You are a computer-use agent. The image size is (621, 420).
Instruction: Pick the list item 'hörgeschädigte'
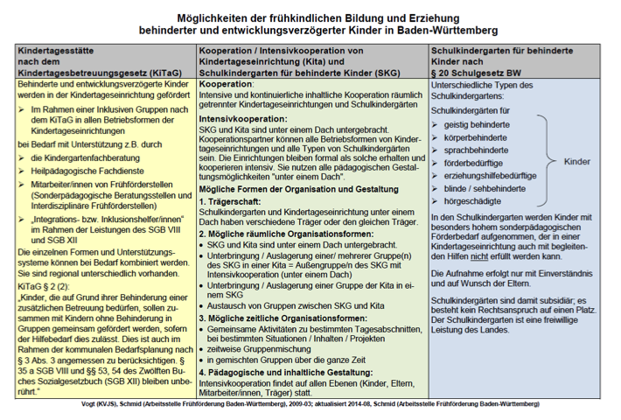click(x=476, y=199)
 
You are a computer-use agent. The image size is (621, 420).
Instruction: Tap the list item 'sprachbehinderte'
click(x=478, y=150)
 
